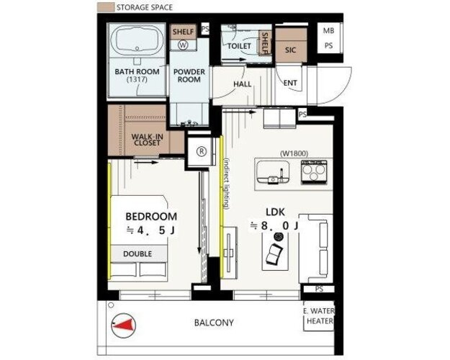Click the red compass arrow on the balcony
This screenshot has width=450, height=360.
[x=125, y=325]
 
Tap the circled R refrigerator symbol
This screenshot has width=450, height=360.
[x=202, y=151]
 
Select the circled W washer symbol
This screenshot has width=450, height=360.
[x=183, y=45]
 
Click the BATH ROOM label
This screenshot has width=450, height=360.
[x=137, y=71]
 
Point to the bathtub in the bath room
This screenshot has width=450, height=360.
[x=138, y=40]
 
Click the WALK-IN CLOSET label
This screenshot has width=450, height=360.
[x=146, y=139]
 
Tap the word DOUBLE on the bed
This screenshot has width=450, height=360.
[x=138, y=253]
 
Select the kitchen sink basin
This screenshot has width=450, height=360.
[x=273, y=172]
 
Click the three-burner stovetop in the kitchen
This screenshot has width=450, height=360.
[x=314, y=171]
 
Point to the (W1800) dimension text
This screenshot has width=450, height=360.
[x=294, y=153]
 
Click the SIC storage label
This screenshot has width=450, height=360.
[x=290, y=50]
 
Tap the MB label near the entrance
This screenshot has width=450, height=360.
[x=328, y=30]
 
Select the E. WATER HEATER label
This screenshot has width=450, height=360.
[x=320, y=316]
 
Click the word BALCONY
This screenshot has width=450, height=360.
[x=214, y=323]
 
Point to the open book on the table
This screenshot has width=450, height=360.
[x=274, y=254]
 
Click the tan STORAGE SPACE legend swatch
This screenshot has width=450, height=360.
[x=106, y=7]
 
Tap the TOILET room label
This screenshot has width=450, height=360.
[x=239, y=46]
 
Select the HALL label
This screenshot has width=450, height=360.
[x=242, y=84]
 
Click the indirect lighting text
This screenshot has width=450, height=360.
[x=227, y=184]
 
